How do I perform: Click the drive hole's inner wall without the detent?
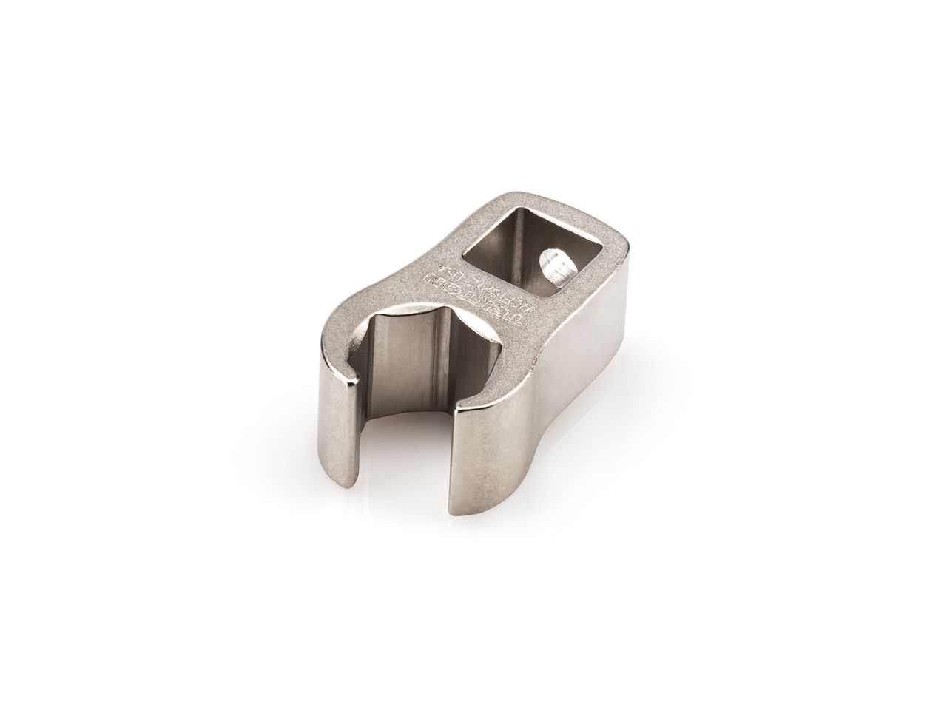(x=503, y=244)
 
